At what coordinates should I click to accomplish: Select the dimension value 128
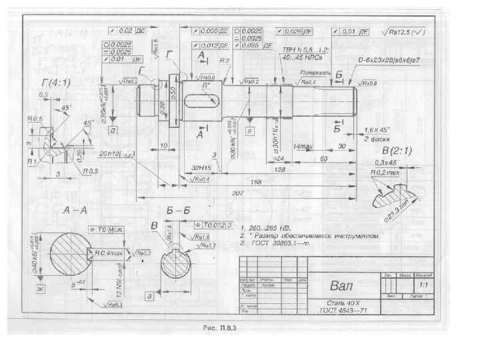point(281,170)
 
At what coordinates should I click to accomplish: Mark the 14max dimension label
point(303,146)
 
